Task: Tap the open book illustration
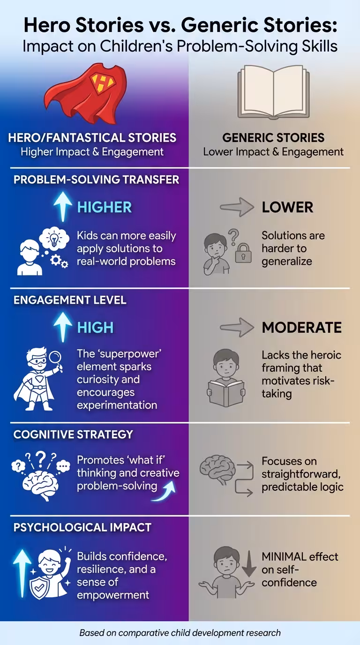273,92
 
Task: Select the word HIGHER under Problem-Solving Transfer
104,208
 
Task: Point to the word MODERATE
301,327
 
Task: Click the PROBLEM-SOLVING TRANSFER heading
96,180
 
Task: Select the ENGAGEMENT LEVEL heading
70,300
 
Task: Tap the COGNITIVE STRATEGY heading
73,435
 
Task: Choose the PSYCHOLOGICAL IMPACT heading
82,527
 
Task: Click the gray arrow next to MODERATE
237,327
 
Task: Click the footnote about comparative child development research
180,633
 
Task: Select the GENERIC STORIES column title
273,137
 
